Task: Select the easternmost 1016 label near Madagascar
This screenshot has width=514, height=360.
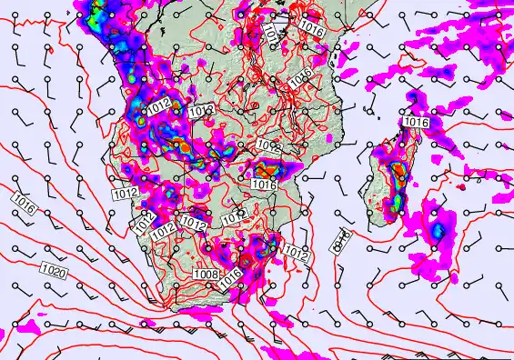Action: coord(416,122)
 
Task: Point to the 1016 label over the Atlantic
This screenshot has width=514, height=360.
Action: coord(25,204)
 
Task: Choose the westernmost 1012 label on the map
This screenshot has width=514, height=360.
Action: coord(126,194)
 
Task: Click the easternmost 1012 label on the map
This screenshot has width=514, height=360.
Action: coord(296,252)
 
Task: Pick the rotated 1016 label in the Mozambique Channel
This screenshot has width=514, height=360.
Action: coord(342,239)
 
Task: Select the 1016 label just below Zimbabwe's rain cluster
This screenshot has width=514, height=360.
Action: coord(264,185)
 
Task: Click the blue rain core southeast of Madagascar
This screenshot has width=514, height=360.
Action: coord(439,228)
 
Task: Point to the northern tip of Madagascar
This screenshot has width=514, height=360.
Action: coord(407,129)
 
